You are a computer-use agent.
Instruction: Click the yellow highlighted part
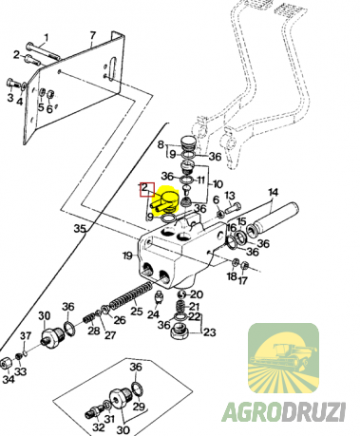165,200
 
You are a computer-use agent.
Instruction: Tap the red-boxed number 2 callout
147,189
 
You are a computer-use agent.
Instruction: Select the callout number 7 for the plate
92,36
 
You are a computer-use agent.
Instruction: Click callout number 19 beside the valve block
127,256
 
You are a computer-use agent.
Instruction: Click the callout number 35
81,228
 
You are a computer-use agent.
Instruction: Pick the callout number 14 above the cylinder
274,193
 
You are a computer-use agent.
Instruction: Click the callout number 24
153,314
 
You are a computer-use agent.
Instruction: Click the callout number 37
27,335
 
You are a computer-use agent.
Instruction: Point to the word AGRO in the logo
254,412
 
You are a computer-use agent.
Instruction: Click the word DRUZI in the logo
316,412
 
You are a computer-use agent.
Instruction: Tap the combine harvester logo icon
283,358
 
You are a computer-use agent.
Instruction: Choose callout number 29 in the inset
139,407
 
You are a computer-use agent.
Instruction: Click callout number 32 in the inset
98,427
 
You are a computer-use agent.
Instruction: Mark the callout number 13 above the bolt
230,196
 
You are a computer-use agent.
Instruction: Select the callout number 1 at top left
47,38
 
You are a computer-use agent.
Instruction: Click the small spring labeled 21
180,307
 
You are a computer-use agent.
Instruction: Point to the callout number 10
218,183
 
